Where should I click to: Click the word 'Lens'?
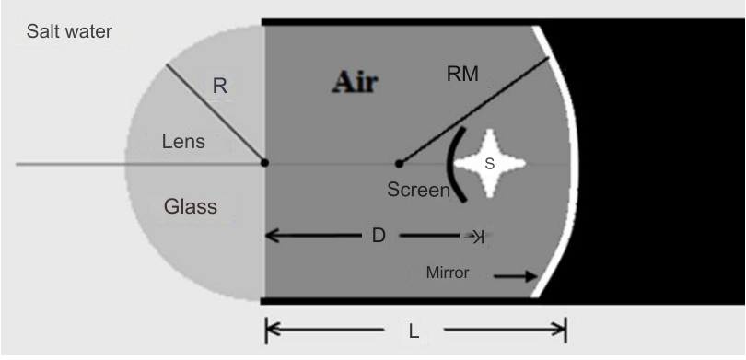point(183,142)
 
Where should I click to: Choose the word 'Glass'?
point(191,205)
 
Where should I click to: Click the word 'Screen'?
point(418,192)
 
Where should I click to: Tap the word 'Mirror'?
point(449,273)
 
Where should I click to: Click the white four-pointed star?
point(491,164)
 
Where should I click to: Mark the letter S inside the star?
point(490,164)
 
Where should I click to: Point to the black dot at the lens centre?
point(265,163)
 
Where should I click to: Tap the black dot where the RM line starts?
point(399,164)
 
